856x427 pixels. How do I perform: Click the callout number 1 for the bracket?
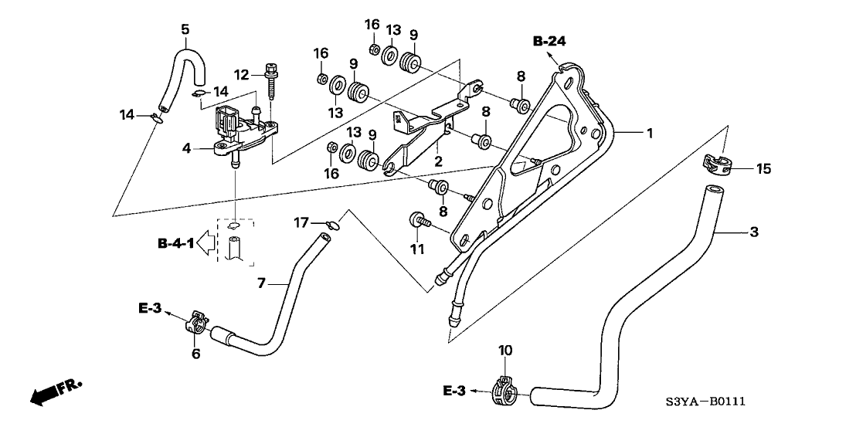[650, 134]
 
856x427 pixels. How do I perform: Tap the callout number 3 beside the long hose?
[755, 231]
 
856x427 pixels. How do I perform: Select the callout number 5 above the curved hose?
[185, 29]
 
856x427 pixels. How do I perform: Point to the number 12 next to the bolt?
[241, 74]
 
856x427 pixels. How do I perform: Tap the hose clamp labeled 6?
[197, 323]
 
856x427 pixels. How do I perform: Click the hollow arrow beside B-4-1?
[205, 244]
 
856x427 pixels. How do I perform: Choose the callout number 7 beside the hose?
[261, 284]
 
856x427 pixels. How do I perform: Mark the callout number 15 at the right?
[763, 168]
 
